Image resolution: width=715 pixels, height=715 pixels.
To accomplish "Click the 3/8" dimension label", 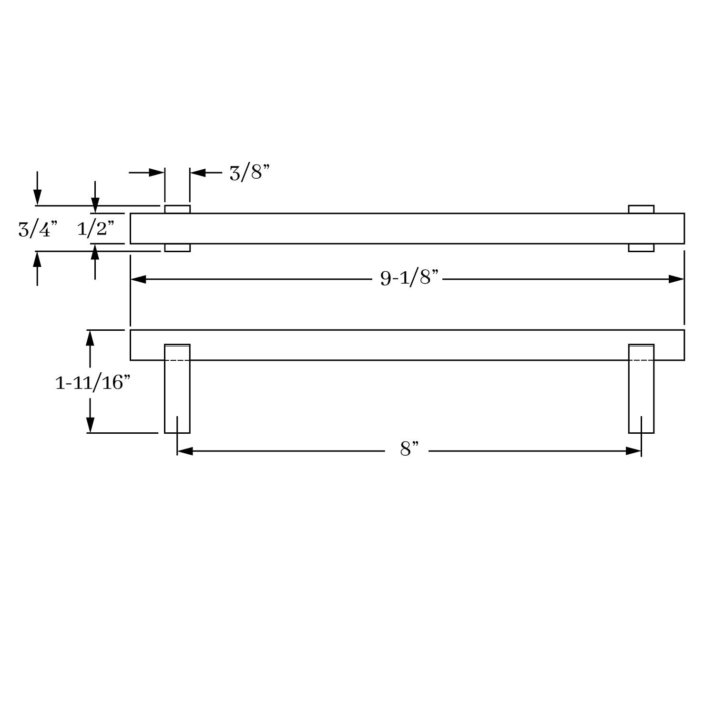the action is click(x=249, y=173).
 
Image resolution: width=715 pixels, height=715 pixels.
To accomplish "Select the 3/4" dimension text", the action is click(x=38, y=229).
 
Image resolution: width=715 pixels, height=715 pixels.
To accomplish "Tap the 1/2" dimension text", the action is click(x=96, y=229).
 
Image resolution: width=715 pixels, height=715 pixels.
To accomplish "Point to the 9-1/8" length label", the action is click(x=409, y=277).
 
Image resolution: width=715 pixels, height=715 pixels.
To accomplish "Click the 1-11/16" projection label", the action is click(x=92, y=382).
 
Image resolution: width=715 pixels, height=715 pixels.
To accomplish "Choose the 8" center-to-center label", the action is click(x=409, y=449).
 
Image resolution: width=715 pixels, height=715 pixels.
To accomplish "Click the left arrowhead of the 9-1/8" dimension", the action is click(x=138, y=279).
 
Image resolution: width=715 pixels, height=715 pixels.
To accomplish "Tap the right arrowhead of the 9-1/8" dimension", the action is click(x=676, y=279).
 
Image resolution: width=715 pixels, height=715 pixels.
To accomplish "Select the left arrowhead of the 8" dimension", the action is click(x=185, y=451).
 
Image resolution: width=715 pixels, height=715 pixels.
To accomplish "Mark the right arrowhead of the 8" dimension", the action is click(x=633, y=451).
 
